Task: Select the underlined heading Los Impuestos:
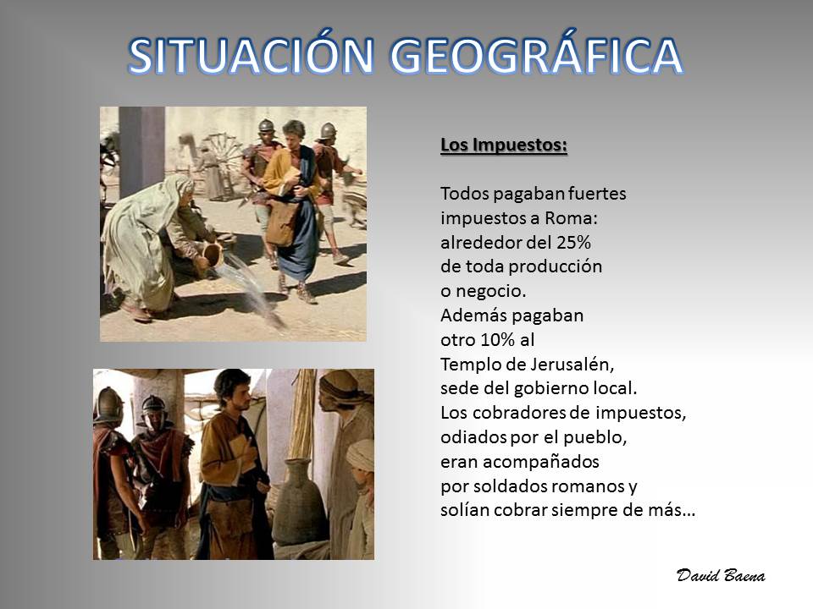(503, 145)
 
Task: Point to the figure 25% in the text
(573, 243)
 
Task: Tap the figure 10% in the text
(497, 340)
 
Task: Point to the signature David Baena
(721, 575)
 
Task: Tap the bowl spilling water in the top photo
(213, 255)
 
